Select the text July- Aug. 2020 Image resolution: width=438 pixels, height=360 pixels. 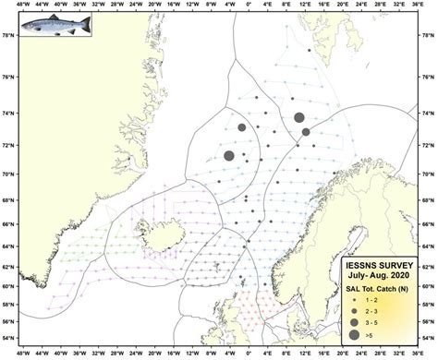click(x=372, y=274)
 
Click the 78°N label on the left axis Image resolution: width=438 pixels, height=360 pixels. click(x=7, y=36)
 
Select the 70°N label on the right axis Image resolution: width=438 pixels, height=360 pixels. click(x=429, y=173)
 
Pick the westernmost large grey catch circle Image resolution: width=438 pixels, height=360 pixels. click(x=229, y=156)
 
